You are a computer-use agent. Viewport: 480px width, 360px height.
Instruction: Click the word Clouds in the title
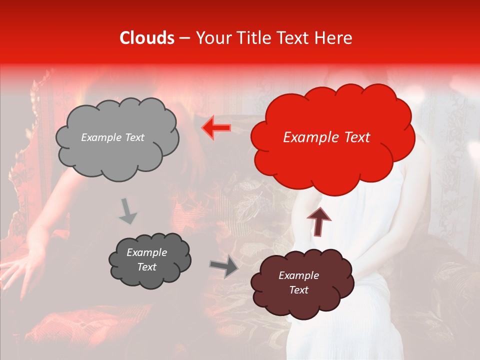point(147,38)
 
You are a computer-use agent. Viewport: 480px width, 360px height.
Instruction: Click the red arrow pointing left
point(216,128)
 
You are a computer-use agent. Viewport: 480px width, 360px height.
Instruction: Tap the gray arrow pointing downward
point(127,211)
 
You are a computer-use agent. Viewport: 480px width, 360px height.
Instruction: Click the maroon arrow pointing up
point(318,221)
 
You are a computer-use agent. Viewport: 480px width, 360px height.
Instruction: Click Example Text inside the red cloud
point(326,137)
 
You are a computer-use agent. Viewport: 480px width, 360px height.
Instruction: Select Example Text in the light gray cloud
point(112,137)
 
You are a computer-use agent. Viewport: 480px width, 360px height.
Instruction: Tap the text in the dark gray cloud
point(146,260)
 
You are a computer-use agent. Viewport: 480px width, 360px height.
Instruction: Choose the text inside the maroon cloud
point(298,282)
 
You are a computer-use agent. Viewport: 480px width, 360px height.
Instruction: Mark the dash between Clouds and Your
point(184,38)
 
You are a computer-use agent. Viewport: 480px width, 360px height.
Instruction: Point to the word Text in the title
point(294,38)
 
